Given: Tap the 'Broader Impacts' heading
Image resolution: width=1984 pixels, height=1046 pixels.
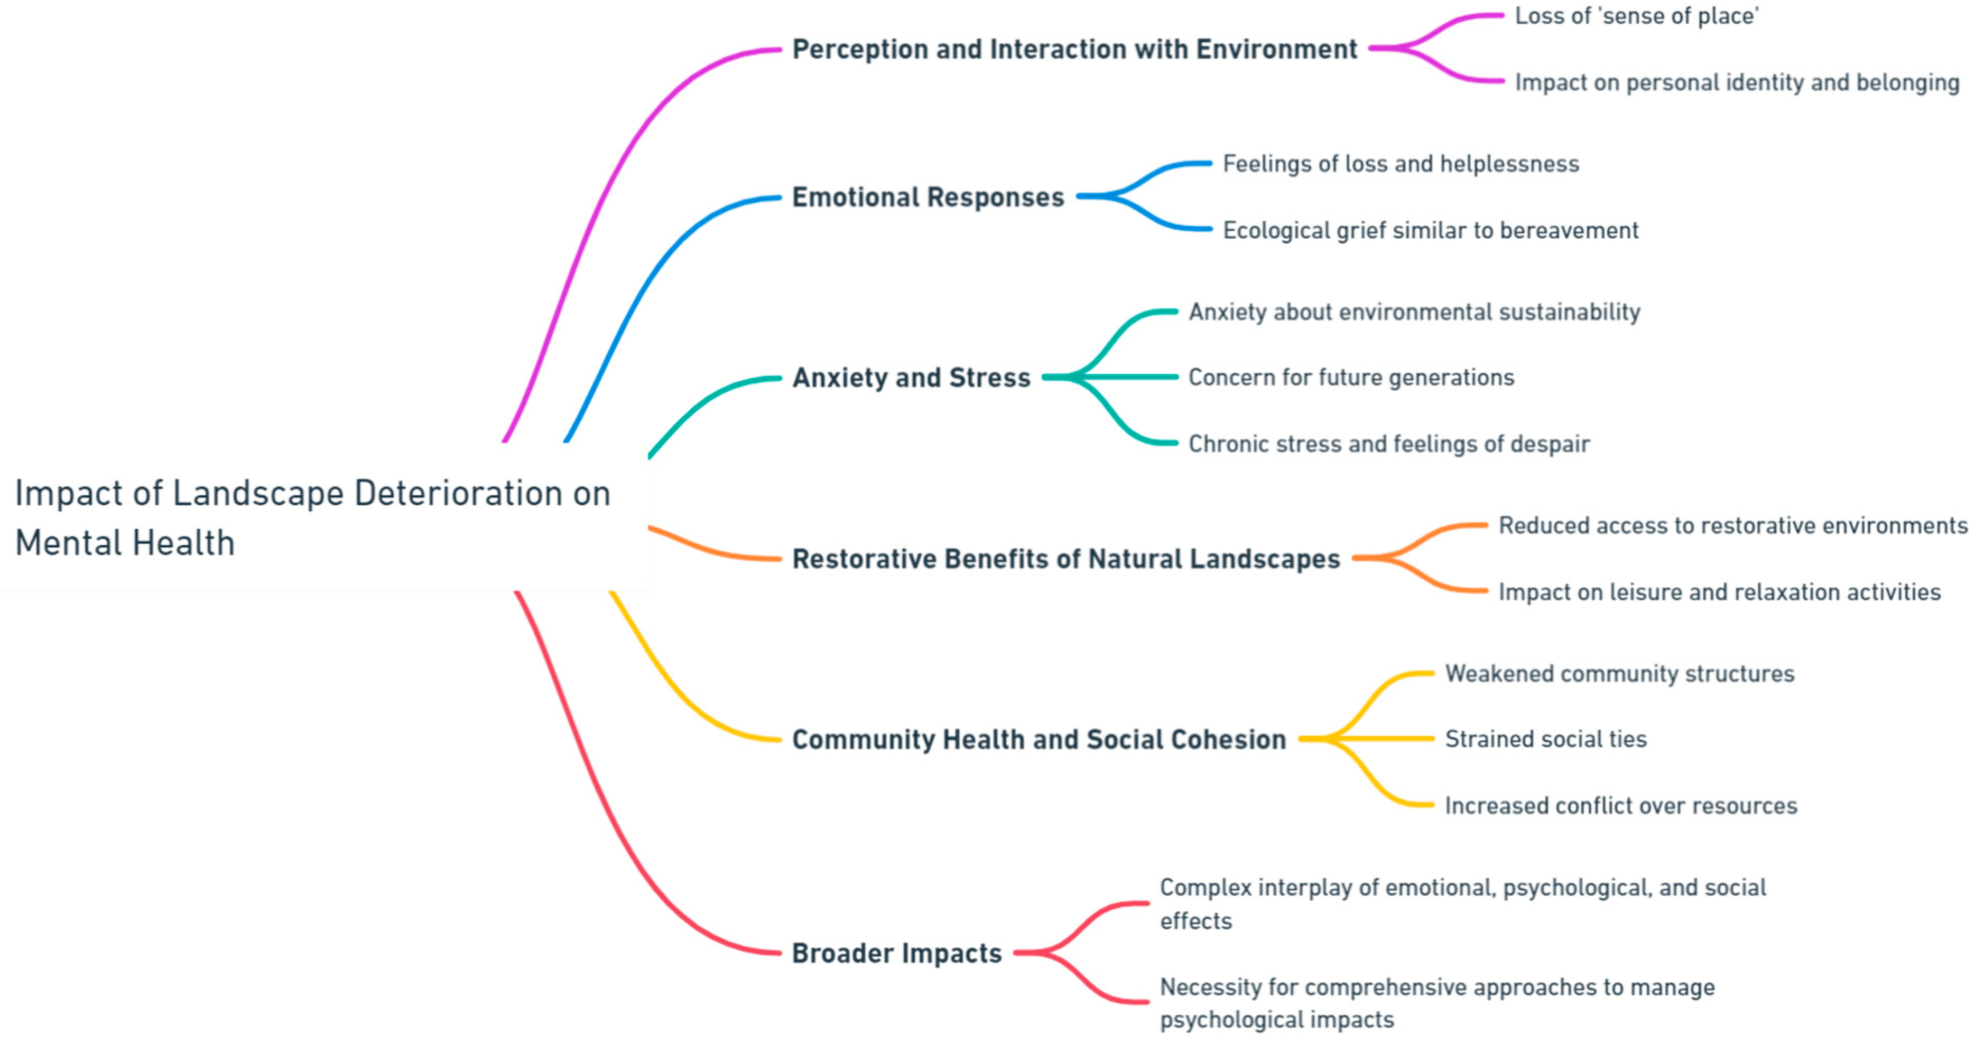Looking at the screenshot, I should (x=896, y=953).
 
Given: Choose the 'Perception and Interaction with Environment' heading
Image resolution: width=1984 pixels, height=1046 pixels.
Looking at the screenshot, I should (x=1074, y=49).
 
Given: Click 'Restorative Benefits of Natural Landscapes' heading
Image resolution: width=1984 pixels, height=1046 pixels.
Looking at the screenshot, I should (x=1066, y=558).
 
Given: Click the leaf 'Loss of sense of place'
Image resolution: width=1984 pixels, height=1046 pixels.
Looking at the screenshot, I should (x=1637, y=16).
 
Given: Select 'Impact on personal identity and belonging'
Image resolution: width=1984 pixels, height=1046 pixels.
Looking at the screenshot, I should (x=1737, y=82).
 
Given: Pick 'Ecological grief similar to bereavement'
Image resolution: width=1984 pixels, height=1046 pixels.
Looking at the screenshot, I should (x=1430, y=230).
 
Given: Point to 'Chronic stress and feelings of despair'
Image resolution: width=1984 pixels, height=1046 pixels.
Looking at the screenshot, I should (x=1389, y=444).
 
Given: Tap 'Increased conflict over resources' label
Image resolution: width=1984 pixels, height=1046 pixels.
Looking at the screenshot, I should (x=1620, y=805).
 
